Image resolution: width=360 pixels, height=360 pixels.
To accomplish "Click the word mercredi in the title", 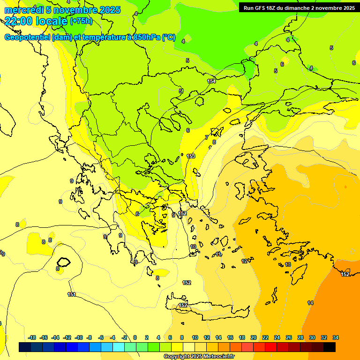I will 23,10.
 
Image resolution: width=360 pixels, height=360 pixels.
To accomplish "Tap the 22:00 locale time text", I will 36,21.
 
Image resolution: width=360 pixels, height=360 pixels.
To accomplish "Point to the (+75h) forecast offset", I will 81,21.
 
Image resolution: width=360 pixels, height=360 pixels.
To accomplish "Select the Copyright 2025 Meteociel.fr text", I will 199,356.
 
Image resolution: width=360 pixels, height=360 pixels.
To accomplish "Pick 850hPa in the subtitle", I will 146,37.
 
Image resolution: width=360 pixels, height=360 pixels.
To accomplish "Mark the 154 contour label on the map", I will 211,81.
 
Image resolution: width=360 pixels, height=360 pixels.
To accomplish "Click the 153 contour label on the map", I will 191,156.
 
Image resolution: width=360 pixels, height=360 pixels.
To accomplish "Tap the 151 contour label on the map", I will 72,294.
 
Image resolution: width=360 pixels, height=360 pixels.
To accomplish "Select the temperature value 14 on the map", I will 310,303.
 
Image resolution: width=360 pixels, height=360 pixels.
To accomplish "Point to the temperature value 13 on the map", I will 288,264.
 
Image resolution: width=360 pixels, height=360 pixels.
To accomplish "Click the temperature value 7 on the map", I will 206,137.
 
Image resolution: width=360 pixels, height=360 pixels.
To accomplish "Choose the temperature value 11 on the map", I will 219,254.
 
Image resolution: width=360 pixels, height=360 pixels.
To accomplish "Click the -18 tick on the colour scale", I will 32,337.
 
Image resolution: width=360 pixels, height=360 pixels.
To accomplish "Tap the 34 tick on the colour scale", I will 336,337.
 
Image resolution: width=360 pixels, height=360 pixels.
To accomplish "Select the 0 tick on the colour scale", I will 135,337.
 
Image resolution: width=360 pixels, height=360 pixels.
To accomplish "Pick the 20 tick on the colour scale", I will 254,337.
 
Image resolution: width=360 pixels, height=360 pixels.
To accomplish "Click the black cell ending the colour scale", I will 330,347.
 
